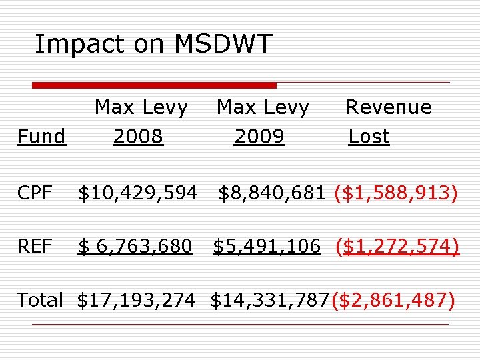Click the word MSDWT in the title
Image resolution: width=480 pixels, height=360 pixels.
tap(223, 43)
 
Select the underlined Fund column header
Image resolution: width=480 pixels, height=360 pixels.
tap(41, 136)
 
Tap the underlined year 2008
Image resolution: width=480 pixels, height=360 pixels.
tap(138, 136)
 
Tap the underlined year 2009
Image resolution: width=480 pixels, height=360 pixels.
tap(259, 136)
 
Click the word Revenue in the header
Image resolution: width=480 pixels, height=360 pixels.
tap(389, 107)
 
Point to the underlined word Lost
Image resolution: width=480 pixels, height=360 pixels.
tap(369, 136)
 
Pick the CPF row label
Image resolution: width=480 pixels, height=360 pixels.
tap(35, 193)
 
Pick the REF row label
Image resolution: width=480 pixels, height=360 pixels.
tap(35, 246)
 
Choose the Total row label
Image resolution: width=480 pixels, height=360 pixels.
tap(40, 299)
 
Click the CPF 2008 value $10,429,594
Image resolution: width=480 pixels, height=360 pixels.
tap(138, 193)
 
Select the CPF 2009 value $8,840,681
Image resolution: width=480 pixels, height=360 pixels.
tap(271, 193)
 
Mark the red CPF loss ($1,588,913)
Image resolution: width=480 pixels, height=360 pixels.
tap(396, 193)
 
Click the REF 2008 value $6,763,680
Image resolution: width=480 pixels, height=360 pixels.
tap(135, 247)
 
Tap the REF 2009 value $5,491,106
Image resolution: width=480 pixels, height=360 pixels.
tap(267, 247)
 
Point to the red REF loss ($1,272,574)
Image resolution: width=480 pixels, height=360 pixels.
tap(397, 247)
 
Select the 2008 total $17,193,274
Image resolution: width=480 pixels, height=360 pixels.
tap(136, 300)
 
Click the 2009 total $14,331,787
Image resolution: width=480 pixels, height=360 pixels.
tap(270, 300)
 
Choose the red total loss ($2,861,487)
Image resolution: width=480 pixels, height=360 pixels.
tap(393, 300)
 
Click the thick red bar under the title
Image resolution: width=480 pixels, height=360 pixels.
tap(154, 85)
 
